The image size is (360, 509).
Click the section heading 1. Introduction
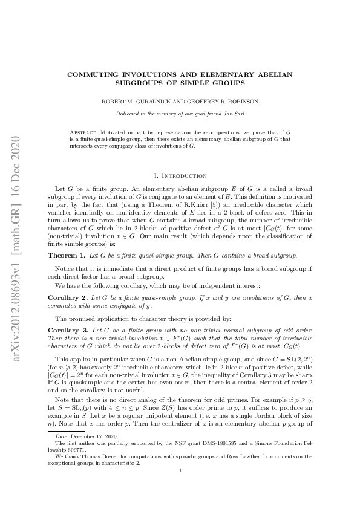point(180,176)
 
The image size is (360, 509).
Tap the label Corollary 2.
point(67,298)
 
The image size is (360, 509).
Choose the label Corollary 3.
point(68,331)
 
